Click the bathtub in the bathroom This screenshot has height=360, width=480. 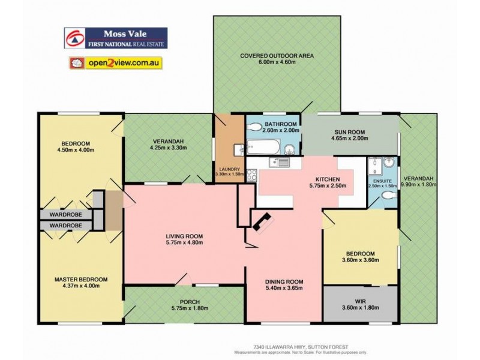(x=265, y=146)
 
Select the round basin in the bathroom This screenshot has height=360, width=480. (x=291, y=149)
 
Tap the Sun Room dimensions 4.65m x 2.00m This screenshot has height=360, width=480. (x=349, y=138)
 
